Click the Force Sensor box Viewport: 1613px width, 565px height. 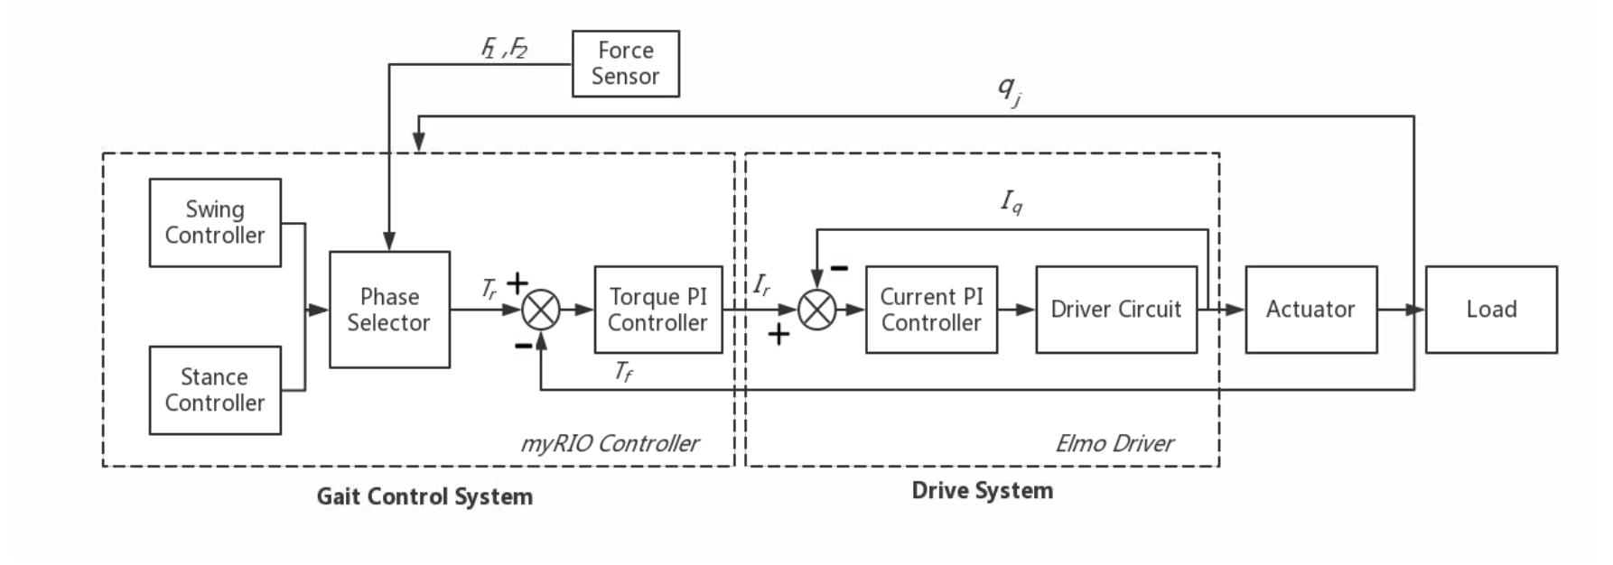(625, 64)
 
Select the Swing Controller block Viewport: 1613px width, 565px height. (215, 223)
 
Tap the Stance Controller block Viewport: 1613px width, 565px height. (215, 390)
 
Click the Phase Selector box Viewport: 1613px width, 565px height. (389, 310)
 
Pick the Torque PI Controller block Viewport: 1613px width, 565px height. (657, 310)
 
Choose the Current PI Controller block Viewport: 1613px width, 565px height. (931, 310)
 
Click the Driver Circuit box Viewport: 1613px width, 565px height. (1115, 310)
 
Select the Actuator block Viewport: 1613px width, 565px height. (1310, 310)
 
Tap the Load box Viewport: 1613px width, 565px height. (1490, 310)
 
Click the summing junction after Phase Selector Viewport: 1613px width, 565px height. (541, 310)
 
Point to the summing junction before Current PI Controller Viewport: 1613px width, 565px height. (816, 310)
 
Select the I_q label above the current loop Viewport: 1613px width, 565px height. (1012, 201)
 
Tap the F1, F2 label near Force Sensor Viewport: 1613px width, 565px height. (504, 48)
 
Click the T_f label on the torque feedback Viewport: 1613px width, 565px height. (623, 371)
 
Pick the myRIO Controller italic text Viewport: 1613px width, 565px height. (610, 443)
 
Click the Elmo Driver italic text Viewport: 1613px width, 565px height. (1114, 443)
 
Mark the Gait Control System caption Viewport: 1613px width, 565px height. (424, 496)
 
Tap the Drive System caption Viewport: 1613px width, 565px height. (982, 490)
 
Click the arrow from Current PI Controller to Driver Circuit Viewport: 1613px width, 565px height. (1017, 310)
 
